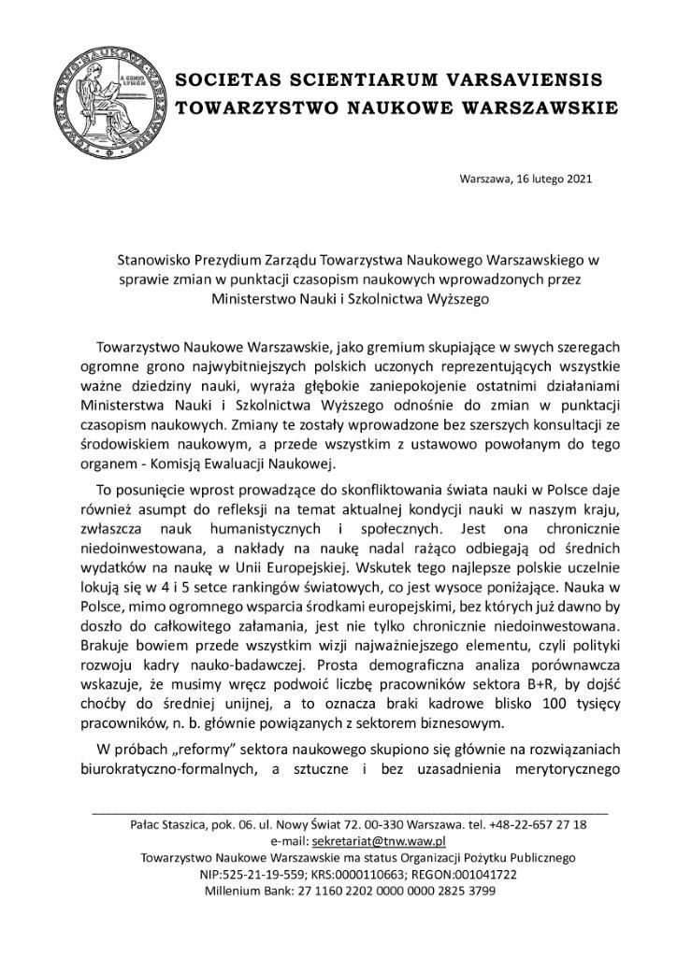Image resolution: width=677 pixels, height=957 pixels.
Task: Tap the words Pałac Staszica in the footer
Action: click(x=165, y=824)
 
